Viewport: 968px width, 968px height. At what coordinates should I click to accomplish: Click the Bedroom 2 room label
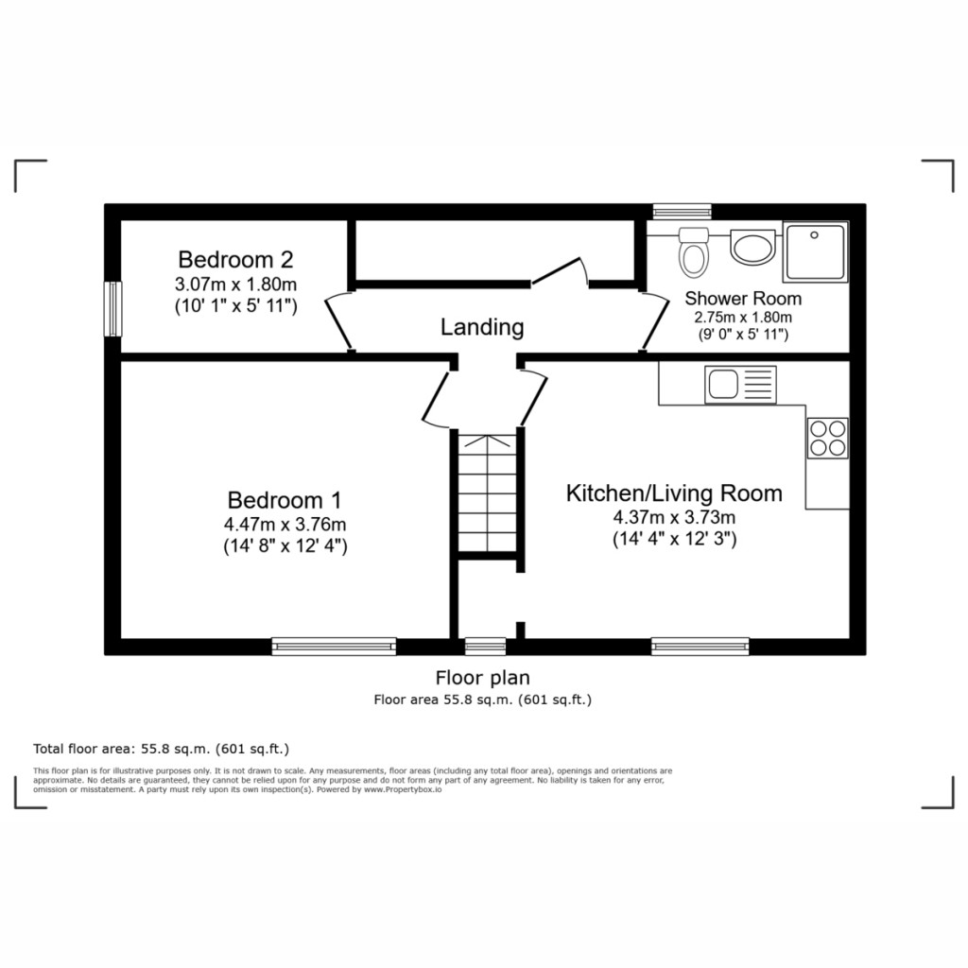(x=235, y=259)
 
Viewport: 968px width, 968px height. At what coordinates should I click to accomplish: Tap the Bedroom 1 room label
(x=285, y=500)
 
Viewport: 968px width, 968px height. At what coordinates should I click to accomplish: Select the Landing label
(x=482, y=328)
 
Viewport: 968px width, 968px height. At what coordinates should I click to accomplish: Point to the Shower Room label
(x=743, y=299)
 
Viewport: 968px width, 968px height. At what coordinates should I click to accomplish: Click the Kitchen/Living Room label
(x=674, y=493)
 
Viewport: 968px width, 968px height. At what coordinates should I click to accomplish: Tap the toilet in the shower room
(x=694, y=251)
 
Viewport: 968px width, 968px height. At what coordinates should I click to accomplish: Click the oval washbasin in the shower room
(x=752, y=249)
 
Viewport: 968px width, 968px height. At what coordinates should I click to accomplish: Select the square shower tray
(x=816, y=251)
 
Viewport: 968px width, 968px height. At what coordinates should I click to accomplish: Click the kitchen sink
(x=740, y=385)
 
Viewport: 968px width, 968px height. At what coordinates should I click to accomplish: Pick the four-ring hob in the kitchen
(x=827, y=438)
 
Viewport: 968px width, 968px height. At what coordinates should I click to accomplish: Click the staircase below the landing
(x=486, y=493)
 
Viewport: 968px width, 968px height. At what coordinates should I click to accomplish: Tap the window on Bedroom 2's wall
(x=113, y=308)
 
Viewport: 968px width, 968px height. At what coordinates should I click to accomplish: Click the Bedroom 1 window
(x=334, y=647)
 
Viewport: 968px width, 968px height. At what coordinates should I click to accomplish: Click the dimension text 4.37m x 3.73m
(x=674, y=517)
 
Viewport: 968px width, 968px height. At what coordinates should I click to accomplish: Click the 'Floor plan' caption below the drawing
(x=482, y=677)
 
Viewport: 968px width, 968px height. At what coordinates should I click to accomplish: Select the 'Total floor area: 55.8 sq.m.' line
(x=162, y=747)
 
